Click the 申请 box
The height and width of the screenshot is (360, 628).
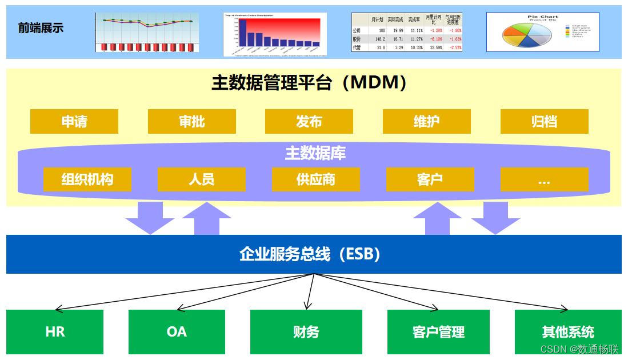tap(74, 122)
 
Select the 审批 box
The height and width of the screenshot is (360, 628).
tap(192, 122)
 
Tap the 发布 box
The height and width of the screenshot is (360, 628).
tap(309, 122)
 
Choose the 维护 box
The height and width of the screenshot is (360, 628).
tap(427, 122)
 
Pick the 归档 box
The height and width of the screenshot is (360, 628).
tap(544, 122)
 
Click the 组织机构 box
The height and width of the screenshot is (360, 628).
tap(87, 179)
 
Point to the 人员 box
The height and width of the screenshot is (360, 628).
tap(202, 179)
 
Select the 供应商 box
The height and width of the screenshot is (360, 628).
tap(316, 179)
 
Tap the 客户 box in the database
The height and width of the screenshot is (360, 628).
tap(430, 179)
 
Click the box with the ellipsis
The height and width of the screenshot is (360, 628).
tap(544, 179)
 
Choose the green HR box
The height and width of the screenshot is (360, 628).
tap(55, 331)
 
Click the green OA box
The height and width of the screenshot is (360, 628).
tap(177, 331)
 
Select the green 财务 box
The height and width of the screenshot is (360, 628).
tap(306, 331)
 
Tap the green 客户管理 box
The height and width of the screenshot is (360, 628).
tap(438, 331)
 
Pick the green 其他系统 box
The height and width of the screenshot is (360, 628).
tap(568, 331)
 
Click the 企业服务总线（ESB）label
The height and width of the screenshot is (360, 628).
tap(310, 254)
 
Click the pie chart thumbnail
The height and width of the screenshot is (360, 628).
tap(542, 32)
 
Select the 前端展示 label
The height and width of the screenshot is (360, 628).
tap(41, 28)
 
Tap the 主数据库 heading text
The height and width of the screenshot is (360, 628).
tap(315, 153)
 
